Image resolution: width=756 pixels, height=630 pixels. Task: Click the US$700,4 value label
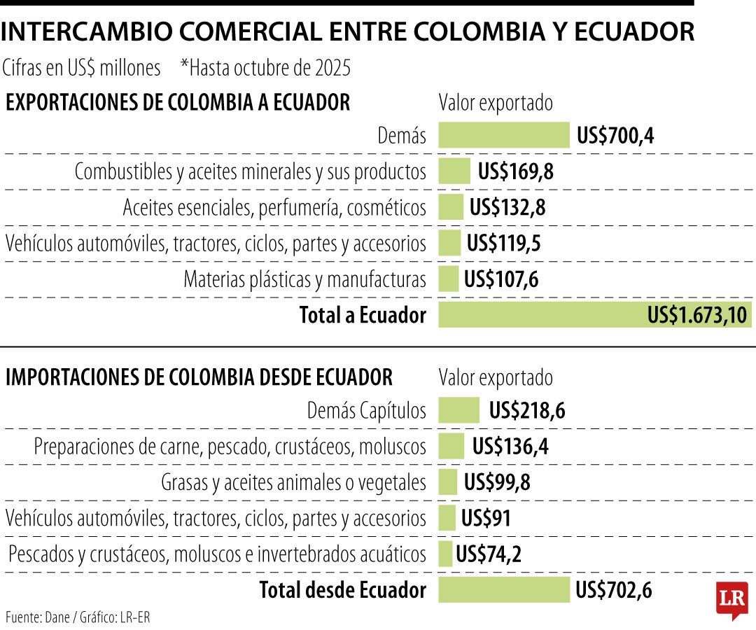[x=615, y=135]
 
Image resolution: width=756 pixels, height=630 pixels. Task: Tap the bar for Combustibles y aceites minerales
[x=454, y=171]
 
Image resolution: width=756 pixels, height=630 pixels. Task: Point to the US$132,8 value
[x=507, y=207]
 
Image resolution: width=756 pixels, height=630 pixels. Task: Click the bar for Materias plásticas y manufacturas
[x=448, y=279]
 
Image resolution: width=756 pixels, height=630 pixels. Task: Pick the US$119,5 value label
[x=504, y=244]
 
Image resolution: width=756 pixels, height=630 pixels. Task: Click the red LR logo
[x=731, y=599]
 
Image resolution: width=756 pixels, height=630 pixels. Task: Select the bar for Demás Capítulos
[x=459, y=410]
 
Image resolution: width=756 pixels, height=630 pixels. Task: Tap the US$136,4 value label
[x=510, y=446]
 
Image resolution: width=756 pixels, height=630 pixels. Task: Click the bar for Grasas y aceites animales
[x=447, y=482]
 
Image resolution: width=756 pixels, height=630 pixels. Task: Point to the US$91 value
[x=486, y=519]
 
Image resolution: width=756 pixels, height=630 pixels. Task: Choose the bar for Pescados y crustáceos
[x=445, y=554]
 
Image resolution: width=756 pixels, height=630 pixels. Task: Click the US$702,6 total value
[x=614, y=590]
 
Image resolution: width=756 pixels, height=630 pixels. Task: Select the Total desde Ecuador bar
[x=504, y=590]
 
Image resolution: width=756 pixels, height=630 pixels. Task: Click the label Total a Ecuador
[x=363, y=315]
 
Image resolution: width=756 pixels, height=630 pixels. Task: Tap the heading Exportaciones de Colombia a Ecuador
[x=178, y=103]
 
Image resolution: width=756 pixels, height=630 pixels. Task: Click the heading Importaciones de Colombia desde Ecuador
[x=199, y=377]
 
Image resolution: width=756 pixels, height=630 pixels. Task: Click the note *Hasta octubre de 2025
[x=265, y=68]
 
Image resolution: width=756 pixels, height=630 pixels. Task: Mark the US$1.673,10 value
[x=697, y=315]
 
